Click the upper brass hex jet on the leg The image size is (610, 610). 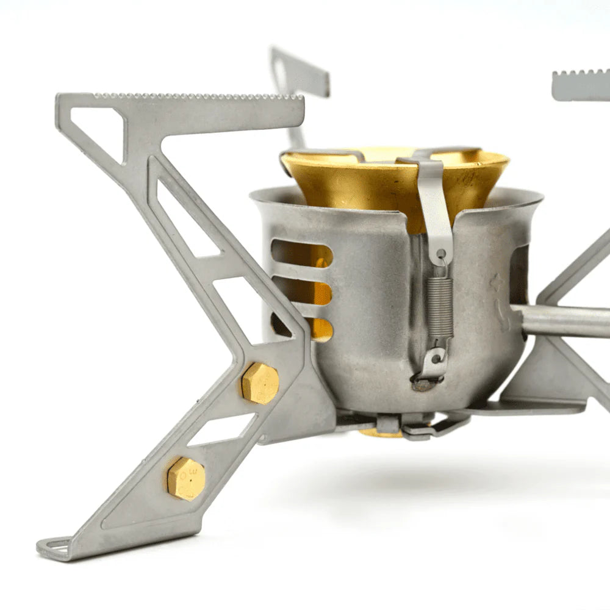point(260,382)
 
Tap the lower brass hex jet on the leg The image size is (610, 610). point(186,479)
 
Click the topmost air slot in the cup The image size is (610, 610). point(301,253)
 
